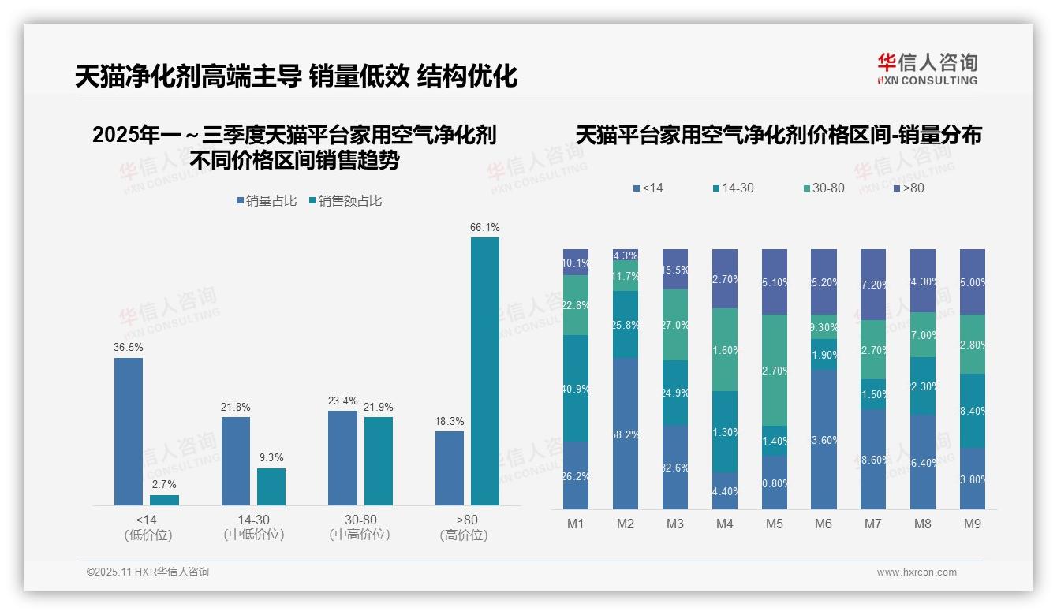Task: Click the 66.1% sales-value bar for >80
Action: pyautogui.click(x=485, y=371)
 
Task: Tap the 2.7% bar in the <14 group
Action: pyautogui.click(x=164, y=500)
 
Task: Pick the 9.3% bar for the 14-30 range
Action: pyautogui.click(x=271, y=486)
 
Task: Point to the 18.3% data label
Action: pyautogui.click(x=450, y=422)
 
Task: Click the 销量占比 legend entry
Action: pyautogui.click(x=267, y=201)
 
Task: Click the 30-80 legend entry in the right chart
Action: pyautogui.click(x=824, y=188)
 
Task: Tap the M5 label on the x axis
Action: pyautogui.click(x=774, y=524)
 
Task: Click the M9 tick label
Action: pyautogui.click(x=972, y=524)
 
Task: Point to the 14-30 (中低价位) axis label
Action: pyautogui.click(x=254, y=527)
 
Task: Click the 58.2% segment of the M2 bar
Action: pyautogui.click(x=626, y=434)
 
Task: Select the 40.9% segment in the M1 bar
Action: pyautogui.click(x=576, y=388)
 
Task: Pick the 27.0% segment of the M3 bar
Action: pyautogui.click(x=675, y=325)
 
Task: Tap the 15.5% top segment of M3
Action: pyautogui.click(x=675, y=270)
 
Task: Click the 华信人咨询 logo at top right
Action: pyautogui.click(x=927, y=69)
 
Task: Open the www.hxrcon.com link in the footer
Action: pyautogui.click(x=917, y=572)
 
